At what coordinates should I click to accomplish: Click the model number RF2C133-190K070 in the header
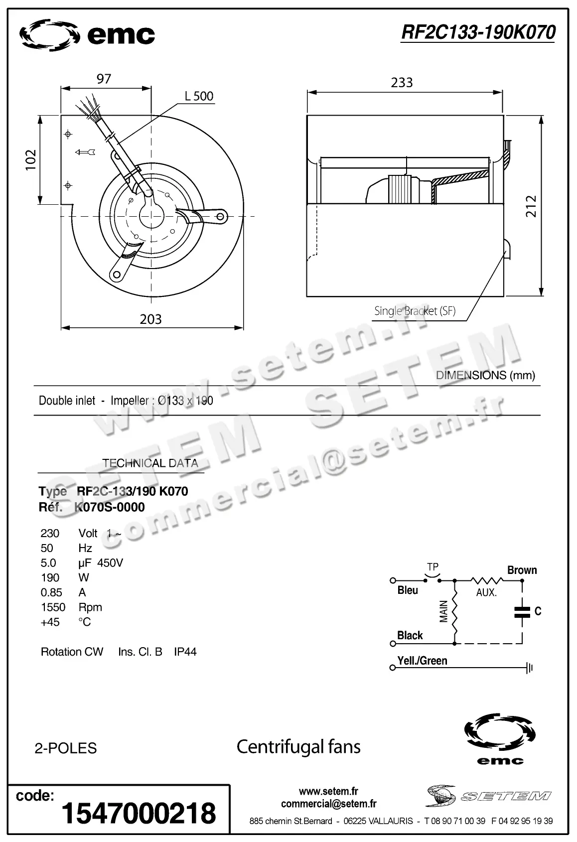tap(478, 32)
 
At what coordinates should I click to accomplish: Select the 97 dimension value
tap(104, 79)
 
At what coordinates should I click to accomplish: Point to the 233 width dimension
tap(402, 82)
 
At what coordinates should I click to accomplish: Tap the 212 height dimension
tap(531, 206)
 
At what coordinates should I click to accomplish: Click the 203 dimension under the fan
tap(150, 319)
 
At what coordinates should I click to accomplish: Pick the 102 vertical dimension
tap(31, 160)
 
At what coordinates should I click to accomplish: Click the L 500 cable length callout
tap(199, 96)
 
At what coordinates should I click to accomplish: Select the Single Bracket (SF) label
tap(415, 311)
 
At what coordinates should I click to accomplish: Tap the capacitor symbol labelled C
tap(523, 612)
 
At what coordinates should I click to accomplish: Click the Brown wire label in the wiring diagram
tap(522, 570)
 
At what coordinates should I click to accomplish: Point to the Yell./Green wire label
tap(422, 661)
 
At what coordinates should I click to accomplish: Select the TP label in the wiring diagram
tap(433, 567)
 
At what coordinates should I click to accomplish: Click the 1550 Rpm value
tap(53, 607)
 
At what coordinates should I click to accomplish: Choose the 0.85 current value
tap(51, 592)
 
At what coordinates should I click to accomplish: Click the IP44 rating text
tap(185, 652)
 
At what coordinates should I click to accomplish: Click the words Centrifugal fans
tap(298, 746)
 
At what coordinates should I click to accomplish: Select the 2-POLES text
tap(66, 748)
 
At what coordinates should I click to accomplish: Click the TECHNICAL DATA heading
tap(150, 463)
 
